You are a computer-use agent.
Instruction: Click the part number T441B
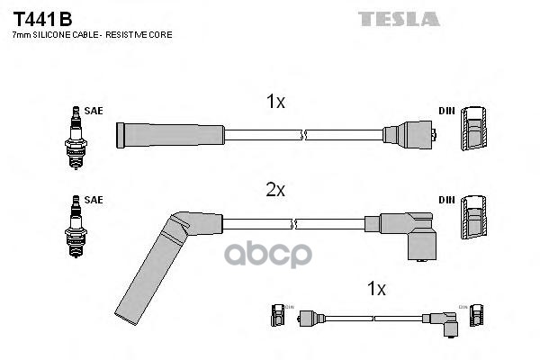[41, 18]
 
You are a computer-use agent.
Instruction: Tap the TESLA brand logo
[400, 18]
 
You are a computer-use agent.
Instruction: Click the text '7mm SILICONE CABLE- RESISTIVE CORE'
[92, 34]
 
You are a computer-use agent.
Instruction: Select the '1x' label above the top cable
[275, 103]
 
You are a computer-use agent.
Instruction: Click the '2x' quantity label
[275, 190]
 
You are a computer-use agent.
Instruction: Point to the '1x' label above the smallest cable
[376, 289]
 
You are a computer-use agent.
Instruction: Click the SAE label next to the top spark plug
[94, 111]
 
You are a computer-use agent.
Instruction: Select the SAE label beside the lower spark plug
[94, 199]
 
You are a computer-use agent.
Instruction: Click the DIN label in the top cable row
[446, 111]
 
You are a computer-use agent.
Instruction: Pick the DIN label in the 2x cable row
[446, 199]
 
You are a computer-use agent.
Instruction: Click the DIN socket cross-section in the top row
[473, 131]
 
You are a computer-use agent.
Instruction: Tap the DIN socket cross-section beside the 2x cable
[473, 220]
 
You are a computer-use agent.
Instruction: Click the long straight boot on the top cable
[171, 136]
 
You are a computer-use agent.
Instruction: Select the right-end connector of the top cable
[410, 136]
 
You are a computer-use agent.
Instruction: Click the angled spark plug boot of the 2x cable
[162, 261]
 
